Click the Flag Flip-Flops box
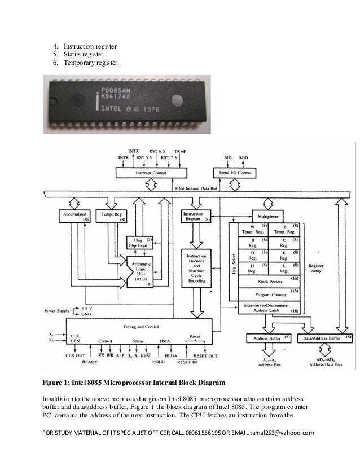(139, 243)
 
